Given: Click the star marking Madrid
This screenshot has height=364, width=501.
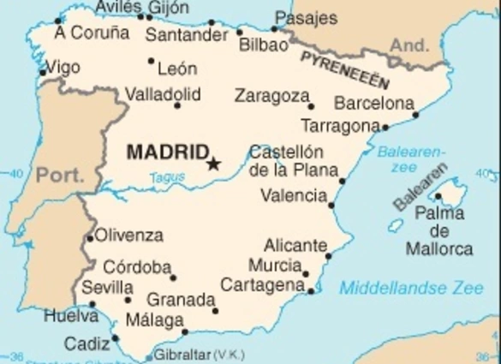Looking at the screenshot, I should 213,163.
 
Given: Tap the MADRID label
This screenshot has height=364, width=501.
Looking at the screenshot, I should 166,153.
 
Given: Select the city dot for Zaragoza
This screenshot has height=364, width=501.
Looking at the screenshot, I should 311,107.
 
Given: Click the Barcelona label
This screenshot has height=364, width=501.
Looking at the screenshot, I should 373,104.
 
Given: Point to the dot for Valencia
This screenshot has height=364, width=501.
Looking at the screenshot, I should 331,205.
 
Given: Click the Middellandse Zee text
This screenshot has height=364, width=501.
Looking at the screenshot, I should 411,289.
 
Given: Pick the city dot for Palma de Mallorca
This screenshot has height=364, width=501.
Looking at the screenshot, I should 439,197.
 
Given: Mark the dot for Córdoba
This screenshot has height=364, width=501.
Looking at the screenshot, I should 173,277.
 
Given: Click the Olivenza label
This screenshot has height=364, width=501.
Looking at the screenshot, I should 128,235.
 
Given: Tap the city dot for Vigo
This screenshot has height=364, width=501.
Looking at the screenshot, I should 43,72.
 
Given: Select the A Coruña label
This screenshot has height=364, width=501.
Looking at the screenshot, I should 91,33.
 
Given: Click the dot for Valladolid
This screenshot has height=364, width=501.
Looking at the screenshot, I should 178,105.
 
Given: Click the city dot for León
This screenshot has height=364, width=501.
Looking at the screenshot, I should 152,61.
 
